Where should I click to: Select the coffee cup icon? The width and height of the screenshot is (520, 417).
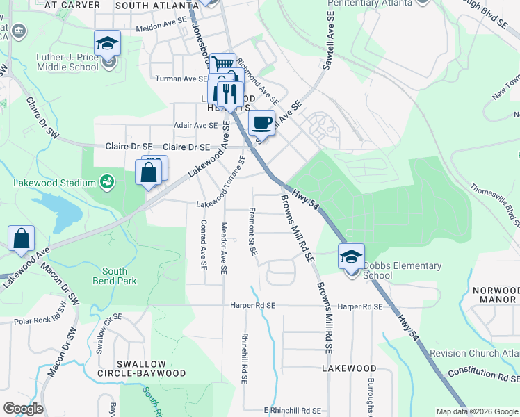click(261, 123)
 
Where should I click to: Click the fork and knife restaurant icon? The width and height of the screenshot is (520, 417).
click(228, 92)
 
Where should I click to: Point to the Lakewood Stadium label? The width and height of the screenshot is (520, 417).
click(54, 183)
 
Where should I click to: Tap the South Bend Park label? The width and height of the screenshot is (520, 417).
click(115, 276)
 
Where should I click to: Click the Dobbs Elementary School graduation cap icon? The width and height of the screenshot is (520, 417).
click(352, 256)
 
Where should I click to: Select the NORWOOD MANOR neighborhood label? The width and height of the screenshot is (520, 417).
click(494, 295)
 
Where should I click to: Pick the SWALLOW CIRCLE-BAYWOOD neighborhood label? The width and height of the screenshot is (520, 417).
click(151, 368)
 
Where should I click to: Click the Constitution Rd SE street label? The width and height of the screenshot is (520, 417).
click(483, 375)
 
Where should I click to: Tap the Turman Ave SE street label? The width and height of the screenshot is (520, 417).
click(181, 79)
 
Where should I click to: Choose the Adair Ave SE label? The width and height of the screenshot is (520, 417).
click(195, 126)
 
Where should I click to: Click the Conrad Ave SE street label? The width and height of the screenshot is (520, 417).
click(203, 245)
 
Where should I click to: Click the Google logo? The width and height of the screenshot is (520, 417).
click(23, 409)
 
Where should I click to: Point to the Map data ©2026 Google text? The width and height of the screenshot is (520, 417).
click(476, 411)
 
